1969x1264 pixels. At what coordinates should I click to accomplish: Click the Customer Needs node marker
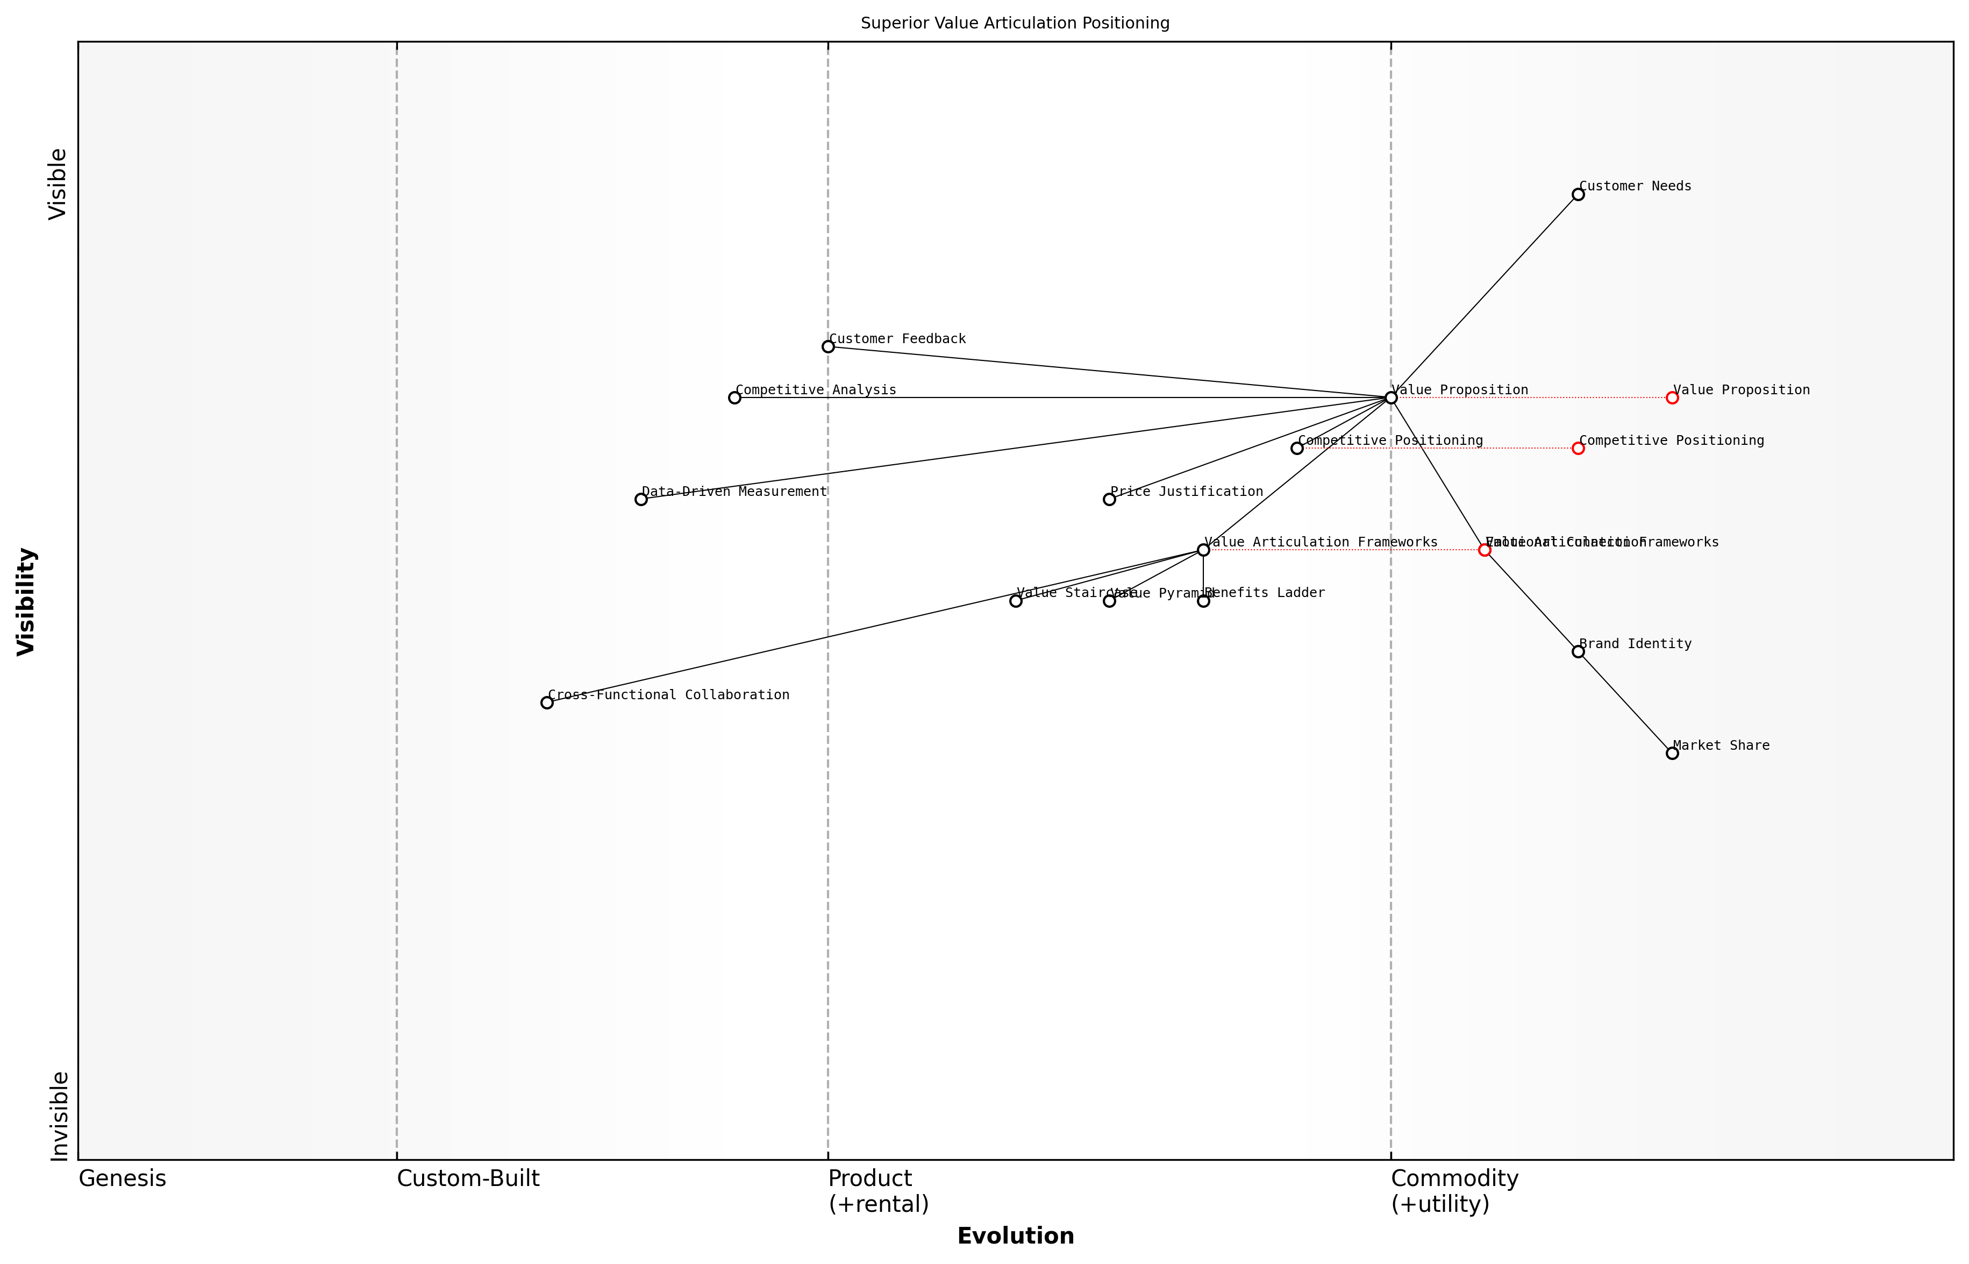(x=1578, y=195)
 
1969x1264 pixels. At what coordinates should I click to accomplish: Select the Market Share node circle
(x=1672, y=752)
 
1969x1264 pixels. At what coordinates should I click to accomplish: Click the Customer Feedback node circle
(x=828, y=346)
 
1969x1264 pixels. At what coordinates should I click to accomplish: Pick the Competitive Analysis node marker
(x=734, y=397)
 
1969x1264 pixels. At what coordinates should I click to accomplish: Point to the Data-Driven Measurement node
(x=641, y=499)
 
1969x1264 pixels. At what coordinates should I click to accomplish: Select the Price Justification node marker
(x=1109, y=499)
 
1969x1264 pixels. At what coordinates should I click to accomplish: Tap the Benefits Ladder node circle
(x=1203, y=601)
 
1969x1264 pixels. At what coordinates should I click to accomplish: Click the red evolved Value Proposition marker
(x=1672, y=397)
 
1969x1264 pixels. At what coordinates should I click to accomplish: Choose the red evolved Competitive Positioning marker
(x=1578, y=448)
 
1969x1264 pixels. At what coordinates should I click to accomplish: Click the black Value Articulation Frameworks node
(x=1203, y=550)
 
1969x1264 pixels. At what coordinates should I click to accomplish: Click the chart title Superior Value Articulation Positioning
(x=1015, y=23)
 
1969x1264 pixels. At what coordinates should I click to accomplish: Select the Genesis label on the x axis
(x=122, y=1178)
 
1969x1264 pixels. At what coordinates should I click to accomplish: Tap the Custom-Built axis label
(x=468, y=1178)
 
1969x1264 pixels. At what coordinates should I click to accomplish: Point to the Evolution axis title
(x=1015, y=1236)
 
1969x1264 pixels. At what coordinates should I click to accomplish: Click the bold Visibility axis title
(x=26, y=601)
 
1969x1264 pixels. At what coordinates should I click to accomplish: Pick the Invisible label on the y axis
(x=59, y=1116)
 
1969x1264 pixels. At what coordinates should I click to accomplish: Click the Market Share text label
(x=1721, y=745)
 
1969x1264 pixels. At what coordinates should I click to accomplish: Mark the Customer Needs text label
(x=1635, y=186)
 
